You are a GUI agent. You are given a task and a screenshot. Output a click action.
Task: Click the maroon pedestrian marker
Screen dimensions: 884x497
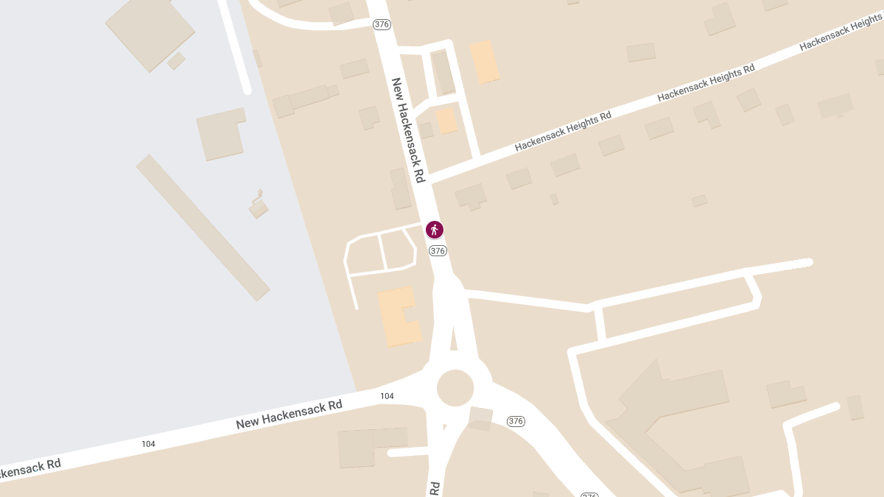point(435,230)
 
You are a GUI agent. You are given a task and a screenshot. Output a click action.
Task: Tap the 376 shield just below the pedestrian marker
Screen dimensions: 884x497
point(438,251)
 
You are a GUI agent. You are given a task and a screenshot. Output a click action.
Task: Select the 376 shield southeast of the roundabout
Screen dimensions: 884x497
point(516,421)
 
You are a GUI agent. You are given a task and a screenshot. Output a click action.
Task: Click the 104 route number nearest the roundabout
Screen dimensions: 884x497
point(387,396)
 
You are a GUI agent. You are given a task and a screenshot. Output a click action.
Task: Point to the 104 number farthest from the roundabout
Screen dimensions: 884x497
point(148,443)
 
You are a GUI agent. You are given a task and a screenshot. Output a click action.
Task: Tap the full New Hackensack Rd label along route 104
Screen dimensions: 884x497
point(290,414)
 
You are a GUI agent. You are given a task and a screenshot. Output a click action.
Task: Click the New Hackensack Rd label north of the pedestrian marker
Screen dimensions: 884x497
point(408,130)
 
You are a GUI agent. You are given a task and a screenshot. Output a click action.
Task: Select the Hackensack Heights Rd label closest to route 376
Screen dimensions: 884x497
point(563,131)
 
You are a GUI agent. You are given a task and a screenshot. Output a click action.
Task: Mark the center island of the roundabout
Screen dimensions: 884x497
point(455,388)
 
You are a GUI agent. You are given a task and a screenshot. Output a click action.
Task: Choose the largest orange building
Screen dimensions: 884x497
point(398,317)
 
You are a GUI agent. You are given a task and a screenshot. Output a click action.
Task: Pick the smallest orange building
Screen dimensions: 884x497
point(446,121)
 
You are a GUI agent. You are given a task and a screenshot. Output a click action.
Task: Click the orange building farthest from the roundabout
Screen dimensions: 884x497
point(485,62)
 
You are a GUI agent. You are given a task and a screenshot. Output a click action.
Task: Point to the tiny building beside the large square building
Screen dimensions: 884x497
point(176,60)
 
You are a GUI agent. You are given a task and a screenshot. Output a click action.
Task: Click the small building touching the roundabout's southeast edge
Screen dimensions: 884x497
point(480,417)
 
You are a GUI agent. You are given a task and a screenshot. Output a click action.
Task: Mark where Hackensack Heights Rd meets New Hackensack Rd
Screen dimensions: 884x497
point(429,180)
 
